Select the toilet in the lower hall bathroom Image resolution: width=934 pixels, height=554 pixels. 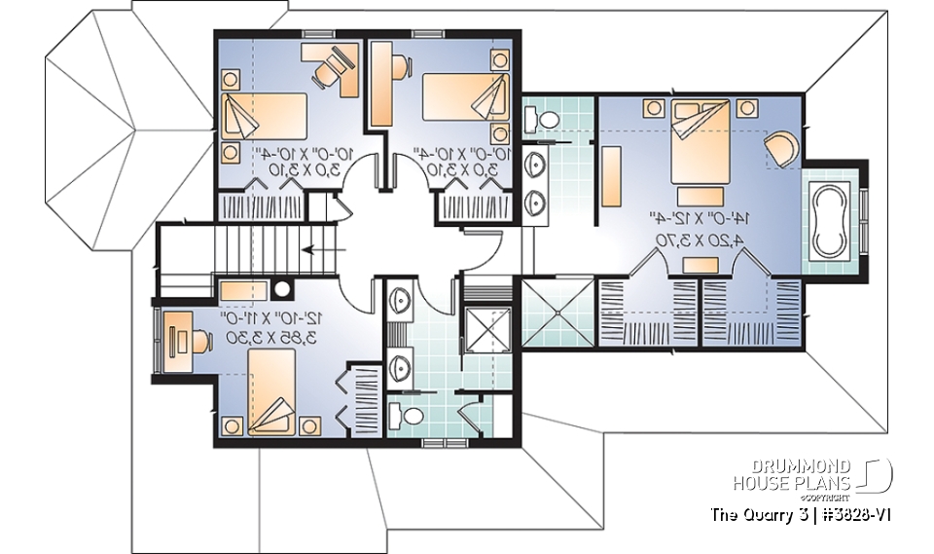[412, 417]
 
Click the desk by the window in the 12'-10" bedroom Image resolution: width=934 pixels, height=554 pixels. [181, 340]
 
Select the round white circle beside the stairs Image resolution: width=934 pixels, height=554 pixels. [283, 288]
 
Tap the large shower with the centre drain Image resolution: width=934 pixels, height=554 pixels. [557, 311]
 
